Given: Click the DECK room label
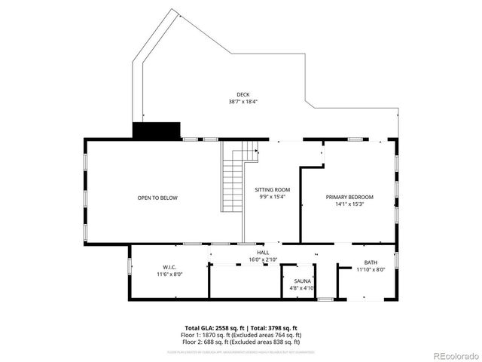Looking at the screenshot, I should (x=243, y=94).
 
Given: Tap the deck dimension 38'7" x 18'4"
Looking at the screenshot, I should (x=243, y=102).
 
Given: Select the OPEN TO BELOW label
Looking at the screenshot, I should (x=157, y=198).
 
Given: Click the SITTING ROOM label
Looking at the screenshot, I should (x=273, y=189).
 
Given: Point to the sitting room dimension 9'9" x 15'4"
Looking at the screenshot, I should (x=273, y=196).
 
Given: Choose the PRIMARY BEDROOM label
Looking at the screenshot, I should (x=349, y=197).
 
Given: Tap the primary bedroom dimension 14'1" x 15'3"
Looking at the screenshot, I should (x=349, y=204).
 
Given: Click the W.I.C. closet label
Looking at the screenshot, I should (x=169, y=267).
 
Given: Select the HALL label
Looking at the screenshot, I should (x=263, y=253).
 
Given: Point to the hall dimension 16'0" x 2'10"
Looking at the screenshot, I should (x=263, y=259).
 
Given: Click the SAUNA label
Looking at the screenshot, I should (x=302, y=281).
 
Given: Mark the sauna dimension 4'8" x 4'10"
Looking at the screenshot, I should (x=302, y=287).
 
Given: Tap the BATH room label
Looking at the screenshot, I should (x=370, y=262).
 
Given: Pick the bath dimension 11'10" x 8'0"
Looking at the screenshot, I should (x=370, y=269).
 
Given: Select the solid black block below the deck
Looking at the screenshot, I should (x=157, y=130).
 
